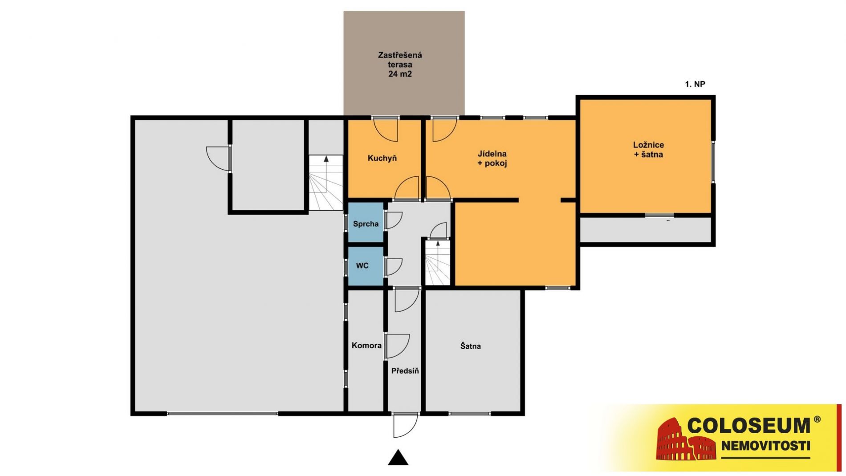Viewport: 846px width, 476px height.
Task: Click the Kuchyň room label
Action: [x=382, y=158]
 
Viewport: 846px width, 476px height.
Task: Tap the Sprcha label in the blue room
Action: [x=366, y=224]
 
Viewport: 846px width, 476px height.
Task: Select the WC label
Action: [x=362, y=266]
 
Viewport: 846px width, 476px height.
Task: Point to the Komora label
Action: [x=366, y=346]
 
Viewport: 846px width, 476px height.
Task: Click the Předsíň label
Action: [x=405, y=371]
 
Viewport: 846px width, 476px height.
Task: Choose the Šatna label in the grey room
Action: [x=470, y=346]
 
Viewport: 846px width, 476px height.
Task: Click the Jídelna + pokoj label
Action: [x=492, y=159]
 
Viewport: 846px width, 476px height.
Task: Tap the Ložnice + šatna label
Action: [x=648, y=150]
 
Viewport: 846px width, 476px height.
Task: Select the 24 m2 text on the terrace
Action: [x=400, y=74]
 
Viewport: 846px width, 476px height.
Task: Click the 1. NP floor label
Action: [x=695, y=84]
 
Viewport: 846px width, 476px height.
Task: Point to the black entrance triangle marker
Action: [x=398, y=458]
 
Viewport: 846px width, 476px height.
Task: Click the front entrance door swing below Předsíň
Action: [x=406, y=425]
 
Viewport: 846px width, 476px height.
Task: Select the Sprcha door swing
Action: [x=394, y=220]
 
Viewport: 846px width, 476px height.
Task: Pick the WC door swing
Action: [x=394, y=267]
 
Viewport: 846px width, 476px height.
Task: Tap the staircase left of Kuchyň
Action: [x=326, y=183]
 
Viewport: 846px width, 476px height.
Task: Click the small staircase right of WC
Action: [x=438, y=263]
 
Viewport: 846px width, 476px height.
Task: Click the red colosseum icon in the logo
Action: [x=686, y=439]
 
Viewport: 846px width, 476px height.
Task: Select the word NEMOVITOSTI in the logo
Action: [x=765, y=446]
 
